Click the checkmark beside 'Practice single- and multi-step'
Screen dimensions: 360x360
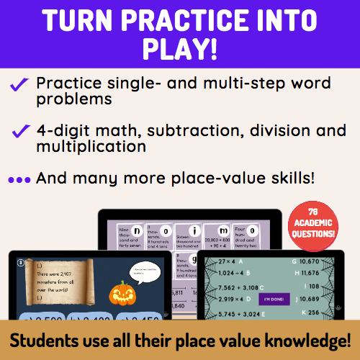point(19,85)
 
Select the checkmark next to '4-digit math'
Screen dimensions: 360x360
point(19,132)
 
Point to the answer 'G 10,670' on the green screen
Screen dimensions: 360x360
point(325,260)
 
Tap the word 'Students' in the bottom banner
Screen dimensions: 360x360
point(57,340)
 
